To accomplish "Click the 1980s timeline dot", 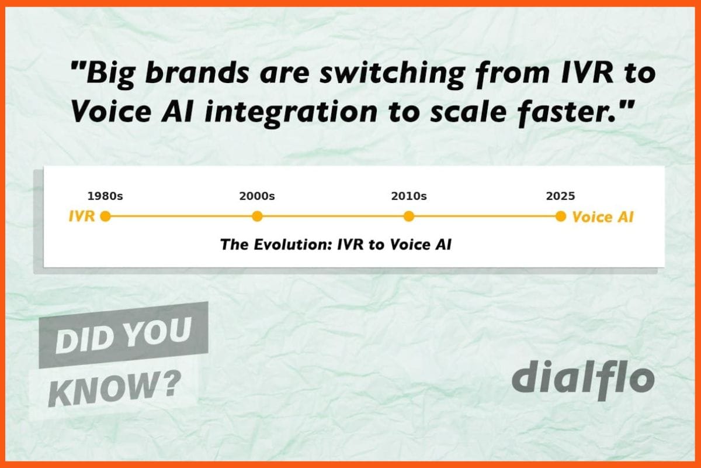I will [x=105, y=216].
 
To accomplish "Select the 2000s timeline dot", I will [x=257, y=216].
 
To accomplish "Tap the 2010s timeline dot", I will [x=409, y=216].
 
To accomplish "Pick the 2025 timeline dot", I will [x=561, y=216].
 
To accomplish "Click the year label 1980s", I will [x=105, y=196].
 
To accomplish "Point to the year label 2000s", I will [x=257, y=196].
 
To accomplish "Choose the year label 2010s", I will [x=409, y=196].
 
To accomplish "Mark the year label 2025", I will [x=561, y=196].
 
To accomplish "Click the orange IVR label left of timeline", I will [x=82, y=216].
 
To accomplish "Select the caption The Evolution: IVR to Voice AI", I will [x=336, y=245].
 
